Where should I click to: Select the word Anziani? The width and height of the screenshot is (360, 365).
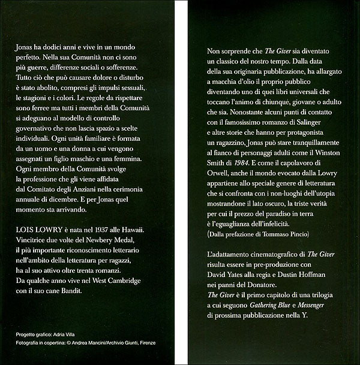tap(87, 187)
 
